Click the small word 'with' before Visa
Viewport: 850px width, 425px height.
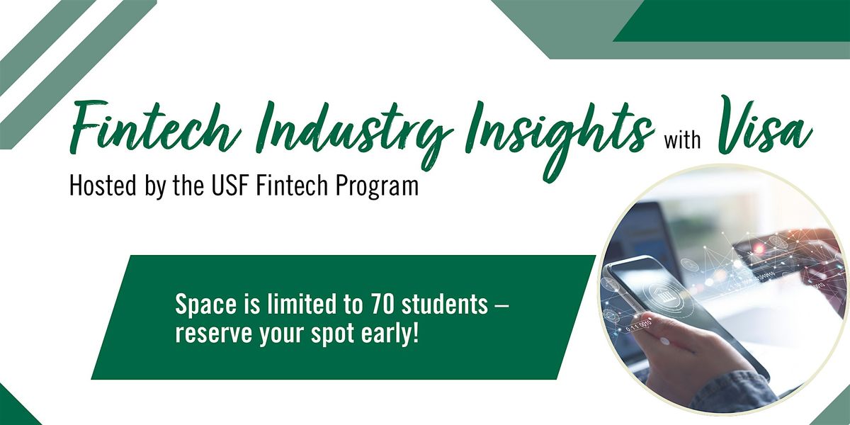[x=682, y=140]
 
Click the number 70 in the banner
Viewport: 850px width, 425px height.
[x=383, y=305]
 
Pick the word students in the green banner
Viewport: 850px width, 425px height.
[x=446, y=305]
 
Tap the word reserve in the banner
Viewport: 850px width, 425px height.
[x=205, y=333]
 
